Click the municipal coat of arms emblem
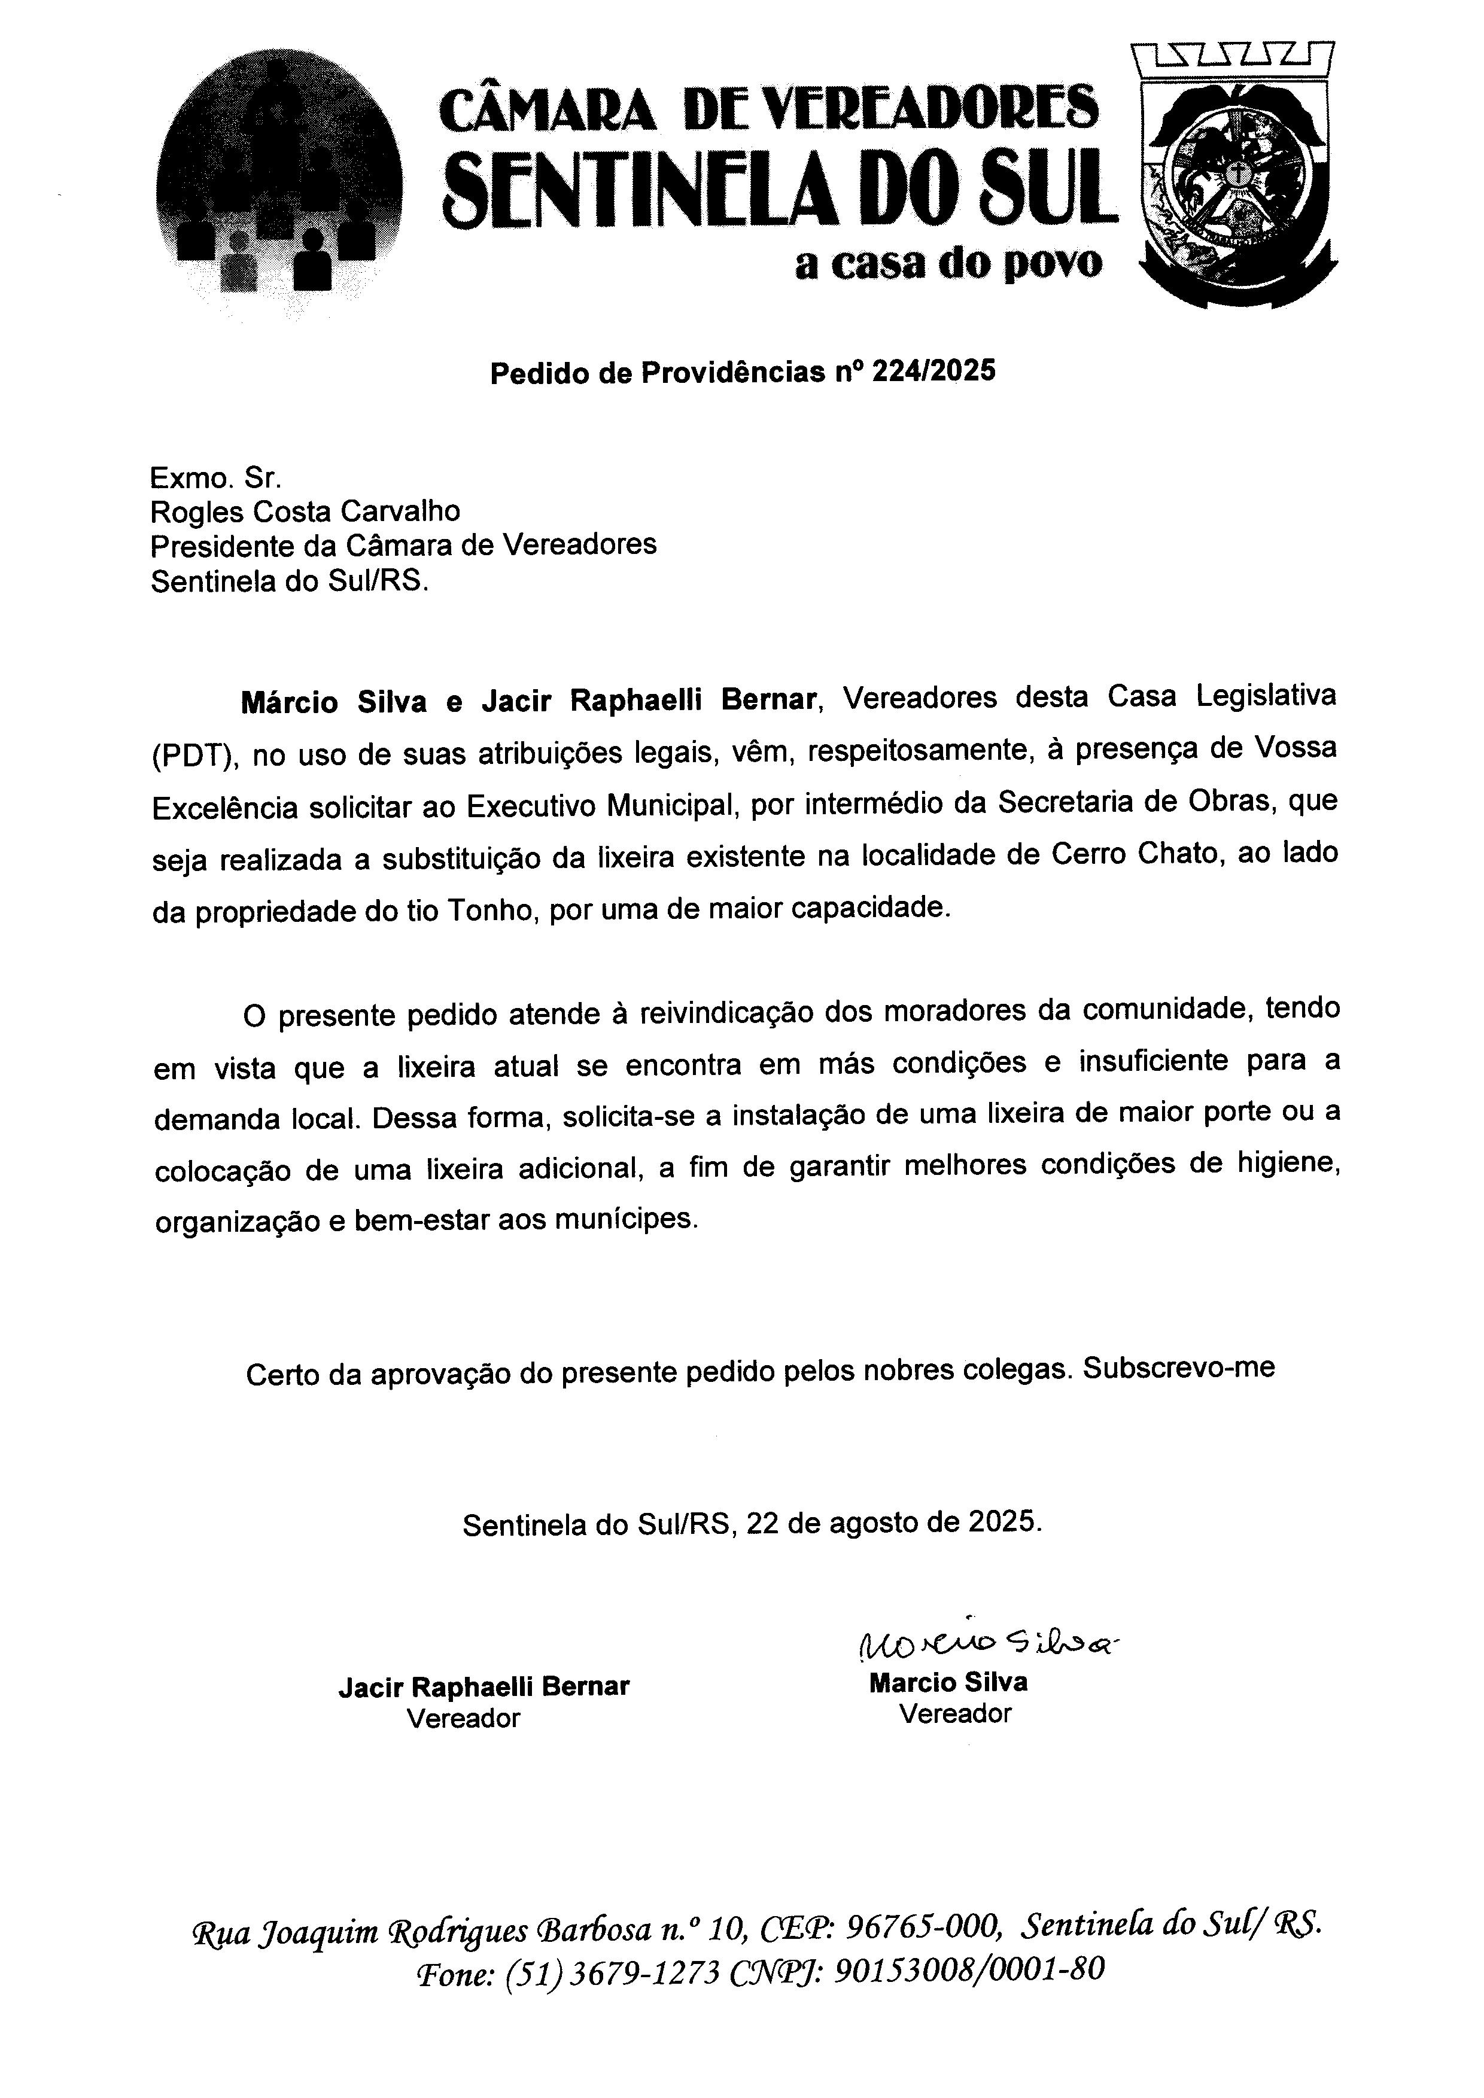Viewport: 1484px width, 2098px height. pos(1236,176)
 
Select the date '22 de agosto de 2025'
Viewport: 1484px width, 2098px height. pos(893,1523)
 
